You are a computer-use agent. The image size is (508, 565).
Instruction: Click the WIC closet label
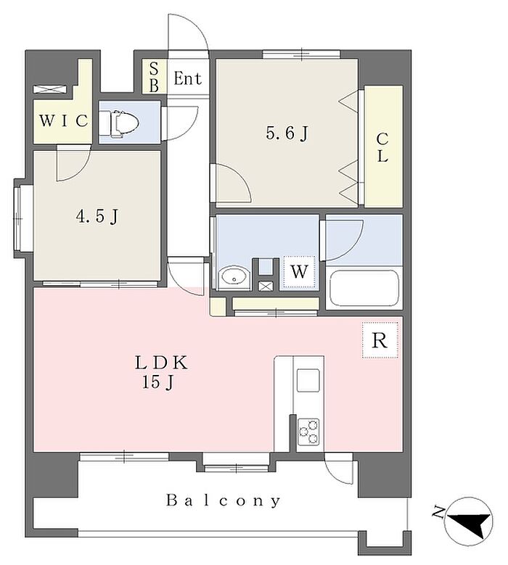coord(63,120)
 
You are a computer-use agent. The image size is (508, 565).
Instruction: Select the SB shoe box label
coord(154,77)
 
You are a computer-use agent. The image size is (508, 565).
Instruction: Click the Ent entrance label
coord(187,78)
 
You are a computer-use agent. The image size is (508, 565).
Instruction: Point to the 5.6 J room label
coord(287,133)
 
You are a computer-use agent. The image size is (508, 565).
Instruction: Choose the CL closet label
coord(382,147)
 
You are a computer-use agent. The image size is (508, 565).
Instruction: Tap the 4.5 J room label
coord(97,217)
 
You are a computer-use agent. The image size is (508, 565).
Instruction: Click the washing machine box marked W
coord(299,272)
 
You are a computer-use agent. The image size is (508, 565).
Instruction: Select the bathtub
coord(364,288)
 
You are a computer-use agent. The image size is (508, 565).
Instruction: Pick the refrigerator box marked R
coord(380,339)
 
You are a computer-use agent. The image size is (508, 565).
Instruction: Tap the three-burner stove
coord(308,432)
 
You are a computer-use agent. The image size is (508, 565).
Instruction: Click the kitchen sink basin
coord(308,380)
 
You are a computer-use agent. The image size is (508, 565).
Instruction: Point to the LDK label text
coord(162,363)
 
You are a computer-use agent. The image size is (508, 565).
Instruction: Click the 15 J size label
coord(158,383)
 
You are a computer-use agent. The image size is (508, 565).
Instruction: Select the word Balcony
coord(224,501)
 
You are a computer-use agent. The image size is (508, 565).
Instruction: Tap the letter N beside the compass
coord(439,511)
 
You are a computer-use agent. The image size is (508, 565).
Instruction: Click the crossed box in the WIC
coord(50,89)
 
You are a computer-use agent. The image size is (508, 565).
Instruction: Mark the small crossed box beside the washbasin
coord(266,286)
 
